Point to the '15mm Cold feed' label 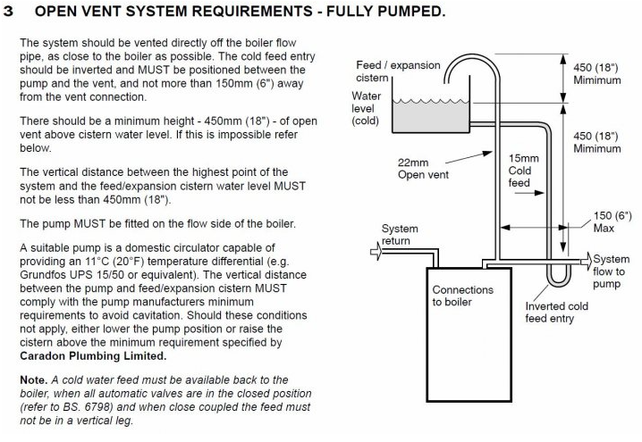(520, 171)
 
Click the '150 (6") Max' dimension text (611, 221)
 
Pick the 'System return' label (400, 235)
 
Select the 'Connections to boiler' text (462, 296)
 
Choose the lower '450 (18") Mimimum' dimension (598, 142)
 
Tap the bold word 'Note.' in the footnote (36, 380)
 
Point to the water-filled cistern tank (429, 116)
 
